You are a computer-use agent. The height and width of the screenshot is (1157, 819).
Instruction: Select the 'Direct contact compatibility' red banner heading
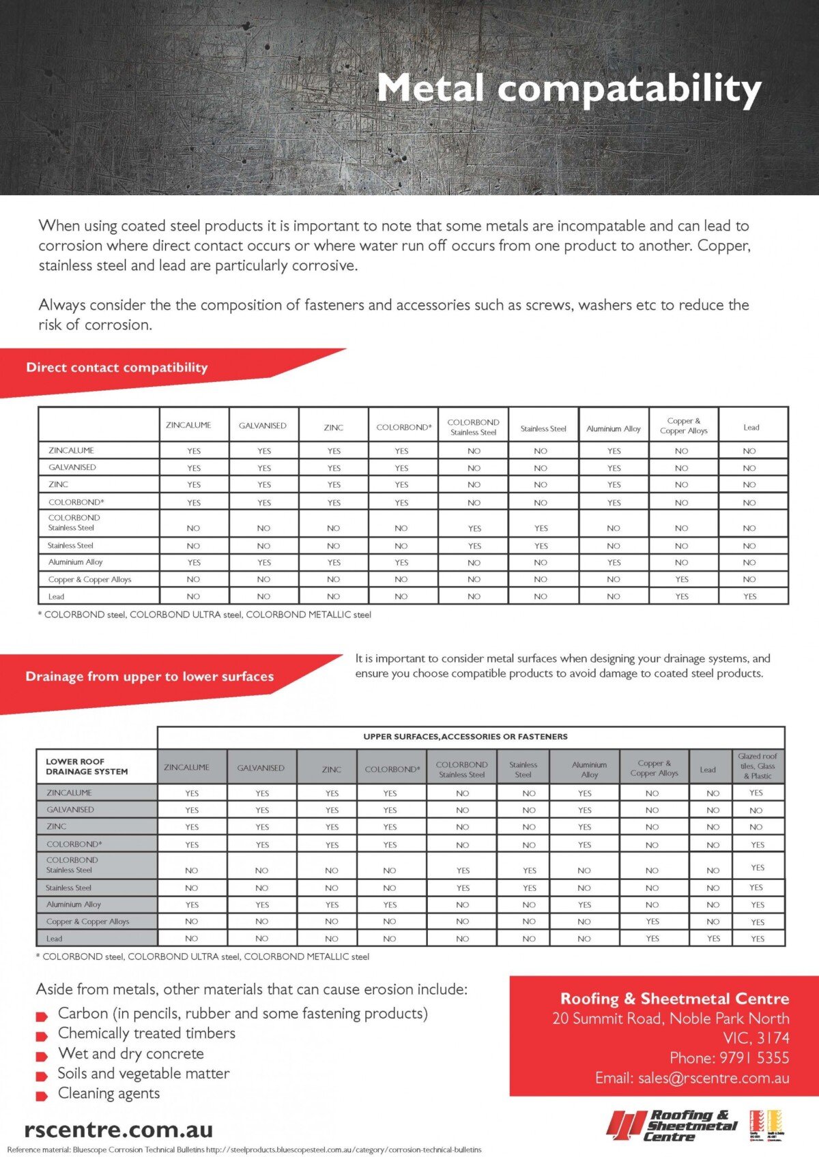117,368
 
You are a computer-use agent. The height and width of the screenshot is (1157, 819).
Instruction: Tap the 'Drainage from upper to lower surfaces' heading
149,677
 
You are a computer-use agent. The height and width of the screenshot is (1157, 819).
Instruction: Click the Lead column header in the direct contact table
751,428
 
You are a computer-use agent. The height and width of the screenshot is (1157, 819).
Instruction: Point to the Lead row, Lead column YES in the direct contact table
749,596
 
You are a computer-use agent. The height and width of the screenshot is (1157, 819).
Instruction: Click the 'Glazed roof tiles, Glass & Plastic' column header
757,766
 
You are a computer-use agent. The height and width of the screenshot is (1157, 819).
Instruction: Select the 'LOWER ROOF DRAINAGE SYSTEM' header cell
87,767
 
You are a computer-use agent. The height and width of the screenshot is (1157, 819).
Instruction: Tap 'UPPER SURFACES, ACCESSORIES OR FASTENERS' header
465,737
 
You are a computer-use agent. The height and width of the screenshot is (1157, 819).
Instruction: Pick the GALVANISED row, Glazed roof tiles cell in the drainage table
756,810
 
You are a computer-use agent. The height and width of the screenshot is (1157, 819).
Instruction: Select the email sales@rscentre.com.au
692,1079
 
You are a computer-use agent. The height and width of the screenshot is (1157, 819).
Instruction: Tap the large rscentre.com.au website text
118,1129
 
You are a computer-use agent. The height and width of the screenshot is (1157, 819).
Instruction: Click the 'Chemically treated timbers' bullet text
146,1034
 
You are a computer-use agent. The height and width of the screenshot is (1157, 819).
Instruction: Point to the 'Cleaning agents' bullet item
109,1094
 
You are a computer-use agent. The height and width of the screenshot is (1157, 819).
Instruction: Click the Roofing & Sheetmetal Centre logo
672,1125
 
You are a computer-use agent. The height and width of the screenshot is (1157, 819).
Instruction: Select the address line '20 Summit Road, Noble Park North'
670,1019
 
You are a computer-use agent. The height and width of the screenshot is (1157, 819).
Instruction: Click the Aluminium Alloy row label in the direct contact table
75,562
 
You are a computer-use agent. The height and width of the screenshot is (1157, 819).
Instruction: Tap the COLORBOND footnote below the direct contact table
204,615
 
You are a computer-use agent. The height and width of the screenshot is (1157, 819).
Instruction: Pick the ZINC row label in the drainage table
57,827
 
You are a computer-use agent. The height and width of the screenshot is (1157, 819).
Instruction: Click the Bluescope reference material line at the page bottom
244,1149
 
